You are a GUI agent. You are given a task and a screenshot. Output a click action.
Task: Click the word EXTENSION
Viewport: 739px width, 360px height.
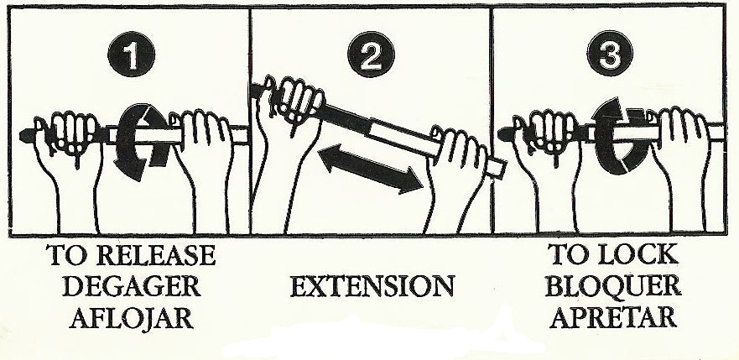372,287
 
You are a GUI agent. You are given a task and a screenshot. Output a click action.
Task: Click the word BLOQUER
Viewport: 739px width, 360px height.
611,287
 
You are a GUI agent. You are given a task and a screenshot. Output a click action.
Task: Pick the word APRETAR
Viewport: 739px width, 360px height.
611,319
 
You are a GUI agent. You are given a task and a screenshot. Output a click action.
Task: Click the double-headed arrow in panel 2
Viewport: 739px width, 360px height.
369,169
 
